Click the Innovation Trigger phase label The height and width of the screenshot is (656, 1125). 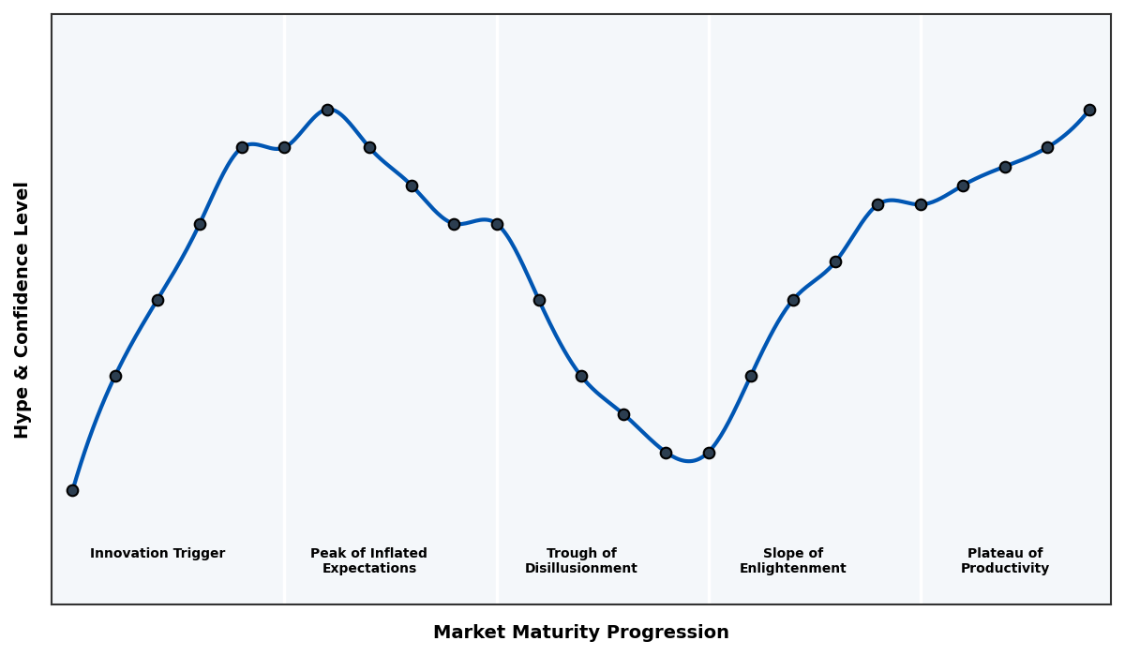[157, 554]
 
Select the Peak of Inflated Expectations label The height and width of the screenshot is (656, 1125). [368, 560]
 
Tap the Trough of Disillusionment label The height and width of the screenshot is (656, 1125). [580, 560]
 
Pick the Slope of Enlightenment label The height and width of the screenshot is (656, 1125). [792, 560]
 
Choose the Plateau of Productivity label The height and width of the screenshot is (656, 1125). [1004, 560]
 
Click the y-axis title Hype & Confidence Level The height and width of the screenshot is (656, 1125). [22, 309]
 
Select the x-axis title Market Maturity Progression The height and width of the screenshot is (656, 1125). [580, 633]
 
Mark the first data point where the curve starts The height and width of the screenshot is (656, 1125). [72, 490]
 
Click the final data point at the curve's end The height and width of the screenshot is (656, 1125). [1089, 110]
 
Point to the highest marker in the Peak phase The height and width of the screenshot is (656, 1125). [327, 110]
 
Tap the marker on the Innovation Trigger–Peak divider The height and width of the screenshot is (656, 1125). [284, 147]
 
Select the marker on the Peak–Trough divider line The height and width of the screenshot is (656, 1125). [497, 224]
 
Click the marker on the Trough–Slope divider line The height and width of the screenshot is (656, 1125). [709, 453]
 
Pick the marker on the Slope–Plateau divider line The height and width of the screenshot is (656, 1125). [921, 204]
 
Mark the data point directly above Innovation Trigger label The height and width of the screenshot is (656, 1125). [157, 300]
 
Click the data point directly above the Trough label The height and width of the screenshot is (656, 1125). [581, 376]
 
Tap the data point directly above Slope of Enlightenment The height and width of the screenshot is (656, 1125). [793, 300]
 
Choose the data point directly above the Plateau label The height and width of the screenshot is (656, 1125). [1005, 167]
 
